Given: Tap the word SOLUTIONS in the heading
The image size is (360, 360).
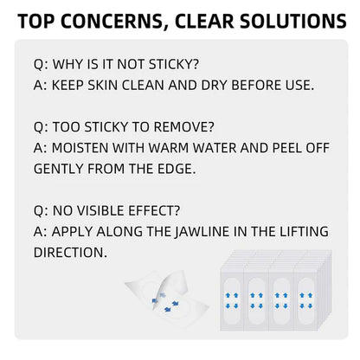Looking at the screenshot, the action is click(293, 21).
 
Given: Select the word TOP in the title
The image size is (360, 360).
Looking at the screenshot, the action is click(36, 21).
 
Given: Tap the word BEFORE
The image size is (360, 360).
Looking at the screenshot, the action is click(256, 85).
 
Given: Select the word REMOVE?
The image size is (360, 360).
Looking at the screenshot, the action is click(183, 127).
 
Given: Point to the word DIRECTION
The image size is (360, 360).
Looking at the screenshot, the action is click(70, 253).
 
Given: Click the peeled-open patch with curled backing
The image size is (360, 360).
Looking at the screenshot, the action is click(167, 299).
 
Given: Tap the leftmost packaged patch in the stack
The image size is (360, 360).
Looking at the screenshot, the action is click(232, 300).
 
